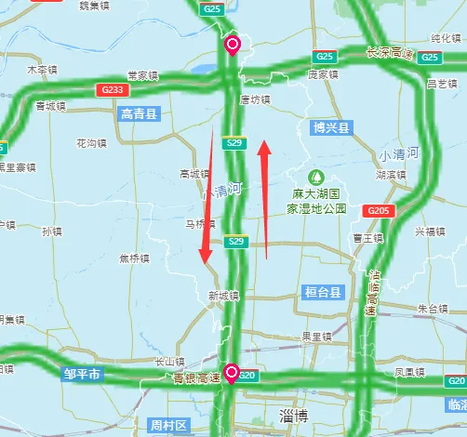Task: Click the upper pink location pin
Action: (232, 44)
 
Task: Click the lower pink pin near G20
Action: (231, 371)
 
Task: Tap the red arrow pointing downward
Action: (207, 200)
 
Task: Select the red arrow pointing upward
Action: (266, 195)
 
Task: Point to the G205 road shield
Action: (377, 211)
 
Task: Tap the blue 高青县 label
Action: (140, 114)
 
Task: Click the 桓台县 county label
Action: (323, 292)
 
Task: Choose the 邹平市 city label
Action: (82, 375)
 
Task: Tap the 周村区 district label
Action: (167, 425)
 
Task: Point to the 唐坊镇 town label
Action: (254, 99)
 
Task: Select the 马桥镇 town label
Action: (199, 224)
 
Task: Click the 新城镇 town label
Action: (223, 296)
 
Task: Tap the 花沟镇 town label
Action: (92, 143)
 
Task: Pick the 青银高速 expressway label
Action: (196, 378)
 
